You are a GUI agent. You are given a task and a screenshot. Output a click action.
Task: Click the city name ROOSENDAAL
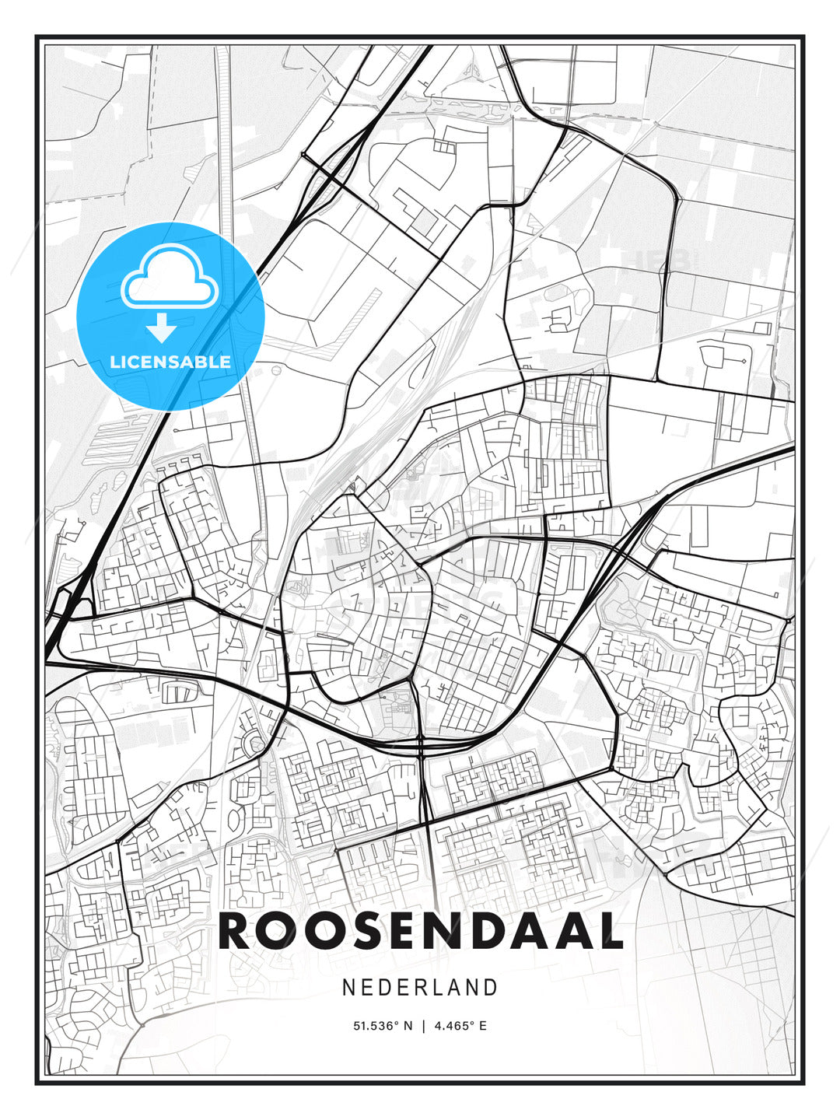[421, 931]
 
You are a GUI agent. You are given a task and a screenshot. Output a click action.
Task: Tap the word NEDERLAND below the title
[420, 987]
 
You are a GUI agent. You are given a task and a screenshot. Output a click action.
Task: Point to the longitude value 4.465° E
[460, 1026]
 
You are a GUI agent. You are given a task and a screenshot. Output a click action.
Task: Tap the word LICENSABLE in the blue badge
[170, 362]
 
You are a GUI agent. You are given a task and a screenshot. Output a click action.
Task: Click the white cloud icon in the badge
[169, 278]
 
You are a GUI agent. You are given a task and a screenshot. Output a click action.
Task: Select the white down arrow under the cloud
[162, 329]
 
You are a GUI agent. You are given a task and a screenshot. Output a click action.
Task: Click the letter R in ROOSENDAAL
[236, 931]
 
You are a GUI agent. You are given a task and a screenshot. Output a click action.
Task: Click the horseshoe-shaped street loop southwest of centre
[254, 744]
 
